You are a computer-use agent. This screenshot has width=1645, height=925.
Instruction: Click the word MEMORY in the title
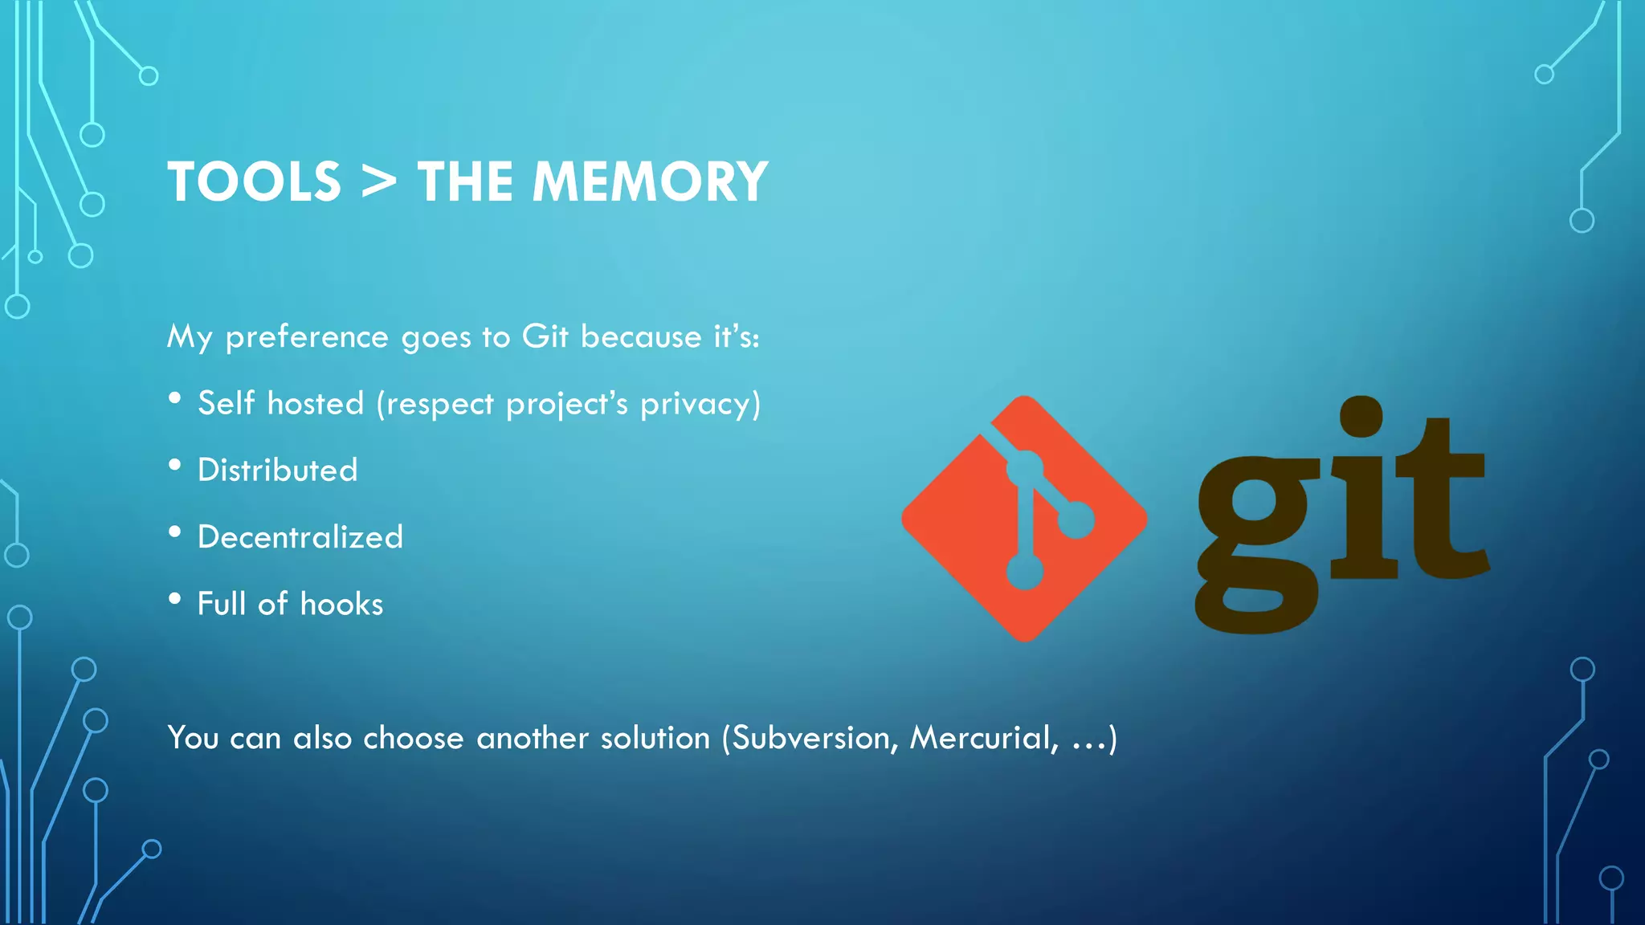pos(650,181)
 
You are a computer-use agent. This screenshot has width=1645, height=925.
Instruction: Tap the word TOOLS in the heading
pos(255,181)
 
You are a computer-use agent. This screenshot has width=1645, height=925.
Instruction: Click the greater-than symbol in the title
pos(378,181)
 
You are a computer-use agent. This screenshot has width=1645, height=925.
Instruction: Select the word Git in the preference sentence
pos(545,336)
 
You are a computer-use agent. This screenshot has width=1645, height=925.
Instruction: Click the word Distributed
pos(278,470)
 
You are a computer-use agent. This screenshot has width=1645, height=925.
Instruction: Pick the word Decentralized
pos(300,536)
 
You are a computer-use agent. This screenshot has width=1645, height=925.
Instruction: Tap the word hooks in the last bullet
pos(341,604)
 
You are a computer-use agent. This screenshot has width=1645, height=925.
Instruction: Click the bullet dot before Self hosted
pos(175,398)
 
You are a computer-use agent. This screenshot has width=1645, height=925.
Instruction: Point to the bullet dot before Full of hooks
pos(175,599)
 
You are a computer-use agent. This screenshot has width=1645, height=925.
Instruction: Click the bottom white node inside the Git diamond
pos(1025,572)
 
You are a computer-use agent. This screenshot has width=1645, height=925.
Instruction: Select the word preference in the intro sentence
pos(307,337)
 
